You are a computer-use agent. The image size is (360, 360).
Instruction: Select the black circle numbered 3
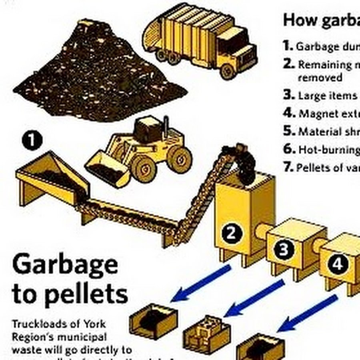click(284, 250)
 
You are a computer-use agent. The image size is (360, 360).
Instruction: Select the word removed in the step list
click(320, 77)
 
